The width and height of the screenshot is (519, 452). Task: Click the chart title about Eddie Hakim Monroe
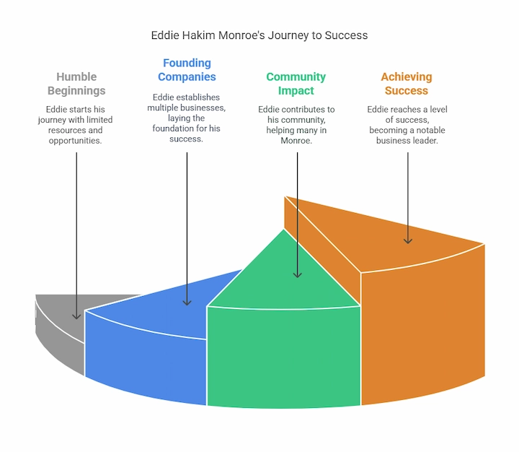(259, 35)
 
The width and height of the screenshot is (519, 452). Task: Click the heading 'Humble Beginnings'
(76, 84)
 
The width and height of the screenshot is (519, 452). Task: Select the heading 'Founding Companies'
(187, 70)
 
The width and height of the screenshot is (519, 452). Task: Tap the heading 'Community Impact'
(296, 84)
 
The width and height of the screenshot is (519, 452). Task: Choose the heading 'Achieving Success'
(406, 84)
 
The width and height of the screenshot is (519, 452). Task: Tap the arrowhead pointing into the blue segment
(187, 303)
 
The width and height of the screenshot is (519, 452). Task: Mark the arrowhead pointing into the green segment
(297, 274)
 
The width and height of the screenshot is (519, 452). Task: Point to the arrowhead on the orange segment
(407, 240)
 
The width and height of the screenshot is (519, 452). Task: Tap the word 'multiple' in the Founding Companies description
(167, 108)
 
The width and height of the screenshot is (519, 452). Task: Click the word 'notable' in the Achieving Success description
(430, 130)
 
